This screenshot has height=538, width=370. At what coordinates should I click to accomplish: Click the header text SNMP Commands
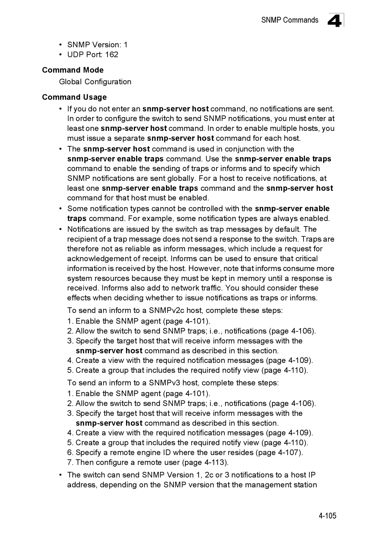(x=289, y=20)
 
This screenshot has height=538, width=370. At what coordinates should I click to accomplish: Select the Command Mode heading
(x=73, y=70)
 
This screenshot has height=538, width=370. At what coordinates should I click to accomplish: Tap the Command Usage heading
(x=74, y=97)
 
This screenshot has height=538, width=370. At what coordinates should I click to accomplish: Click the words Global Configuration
(x=95, y=82)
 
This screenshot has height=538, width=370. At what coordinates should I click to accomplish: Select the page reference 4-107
(x=290, y=452)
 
